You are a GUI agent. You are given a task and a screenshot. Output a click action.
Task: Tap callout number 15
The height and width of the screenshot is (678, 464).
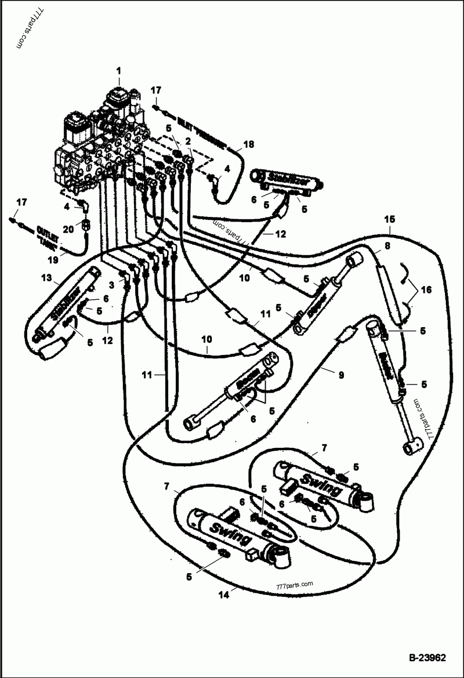(x=390, y=220)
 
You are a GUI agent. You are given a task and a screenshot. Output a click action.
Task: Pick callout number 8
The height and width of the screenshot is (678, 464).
(x=387, y=245)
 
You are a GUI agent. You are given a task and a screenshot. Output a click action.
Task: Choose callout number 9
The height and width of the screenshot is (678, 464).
(x=341, y=375)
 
